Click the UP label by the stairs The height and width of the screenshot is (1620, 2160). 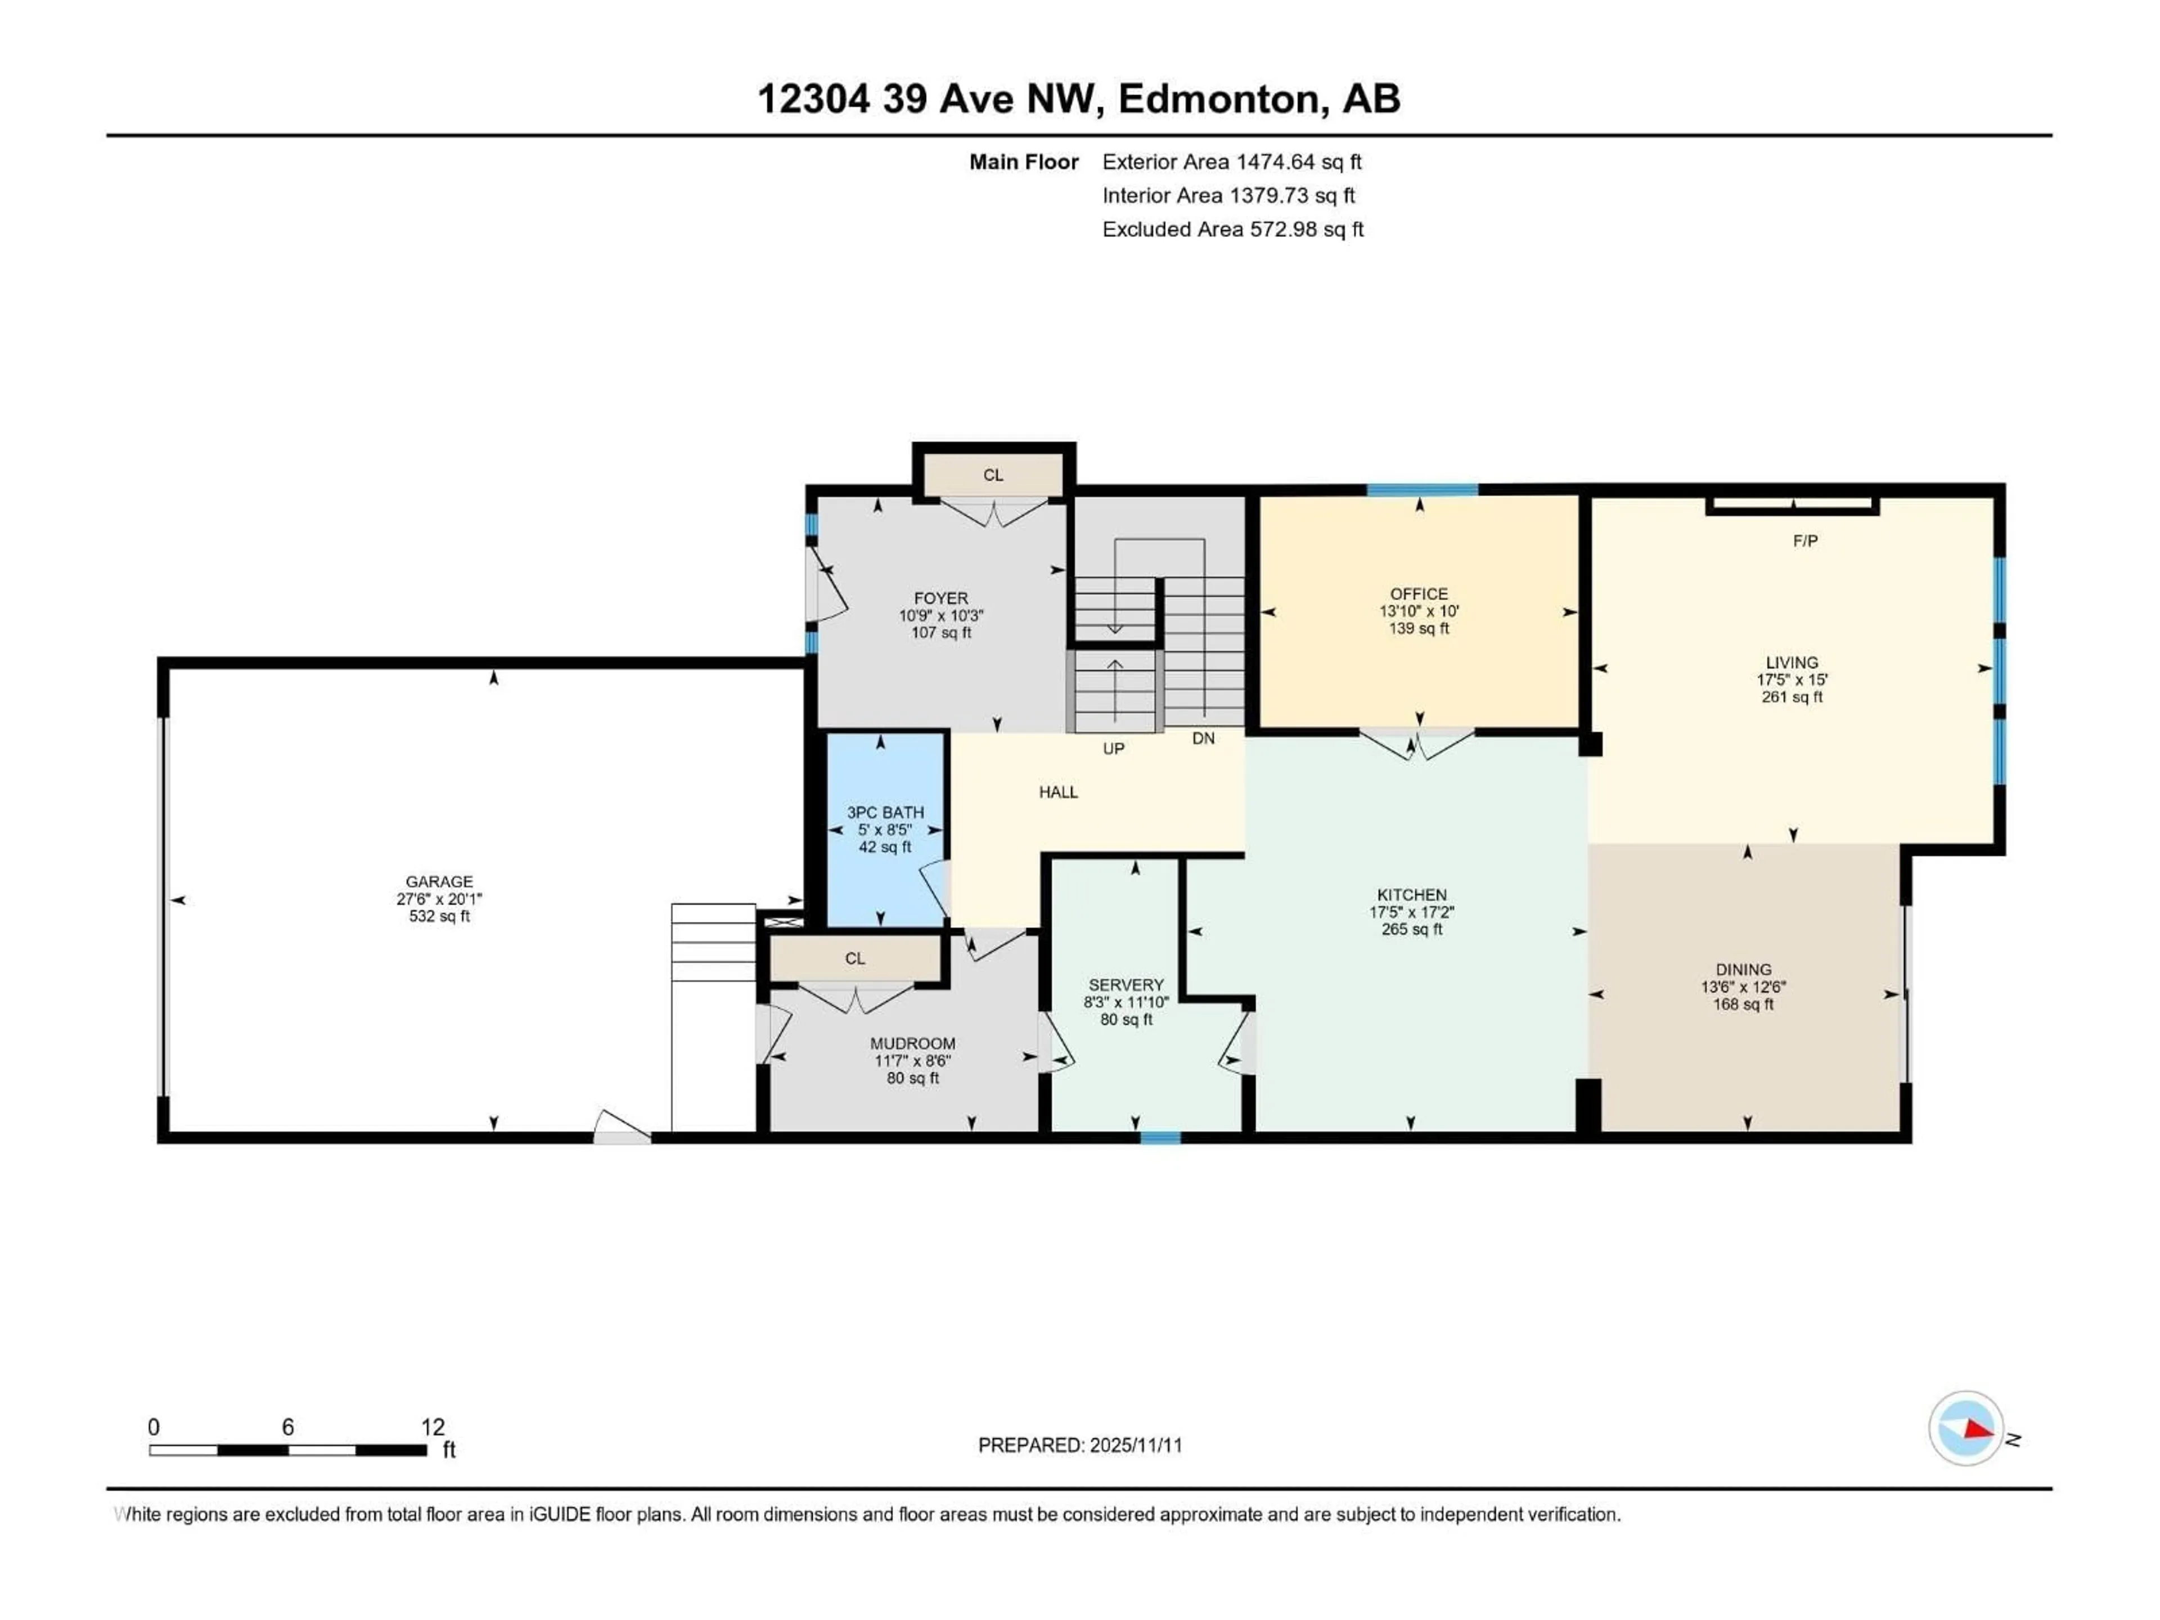1113,749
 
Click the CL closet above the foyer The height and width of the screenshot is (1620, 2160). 992,475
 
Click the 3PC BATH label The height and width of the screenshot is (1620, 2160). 885,812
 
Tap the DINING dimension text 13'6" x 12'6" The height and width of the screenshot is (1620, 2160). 1743,987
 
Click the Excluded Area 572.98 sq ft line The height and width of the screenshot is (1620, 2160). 1232,229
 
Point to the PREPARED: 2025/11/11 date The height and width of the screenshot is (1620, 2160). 1080,1445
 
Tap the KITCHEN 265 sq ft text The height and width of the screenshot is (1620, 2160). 1411,930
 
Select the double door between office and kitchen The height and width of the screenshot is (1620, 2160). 1416,744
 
